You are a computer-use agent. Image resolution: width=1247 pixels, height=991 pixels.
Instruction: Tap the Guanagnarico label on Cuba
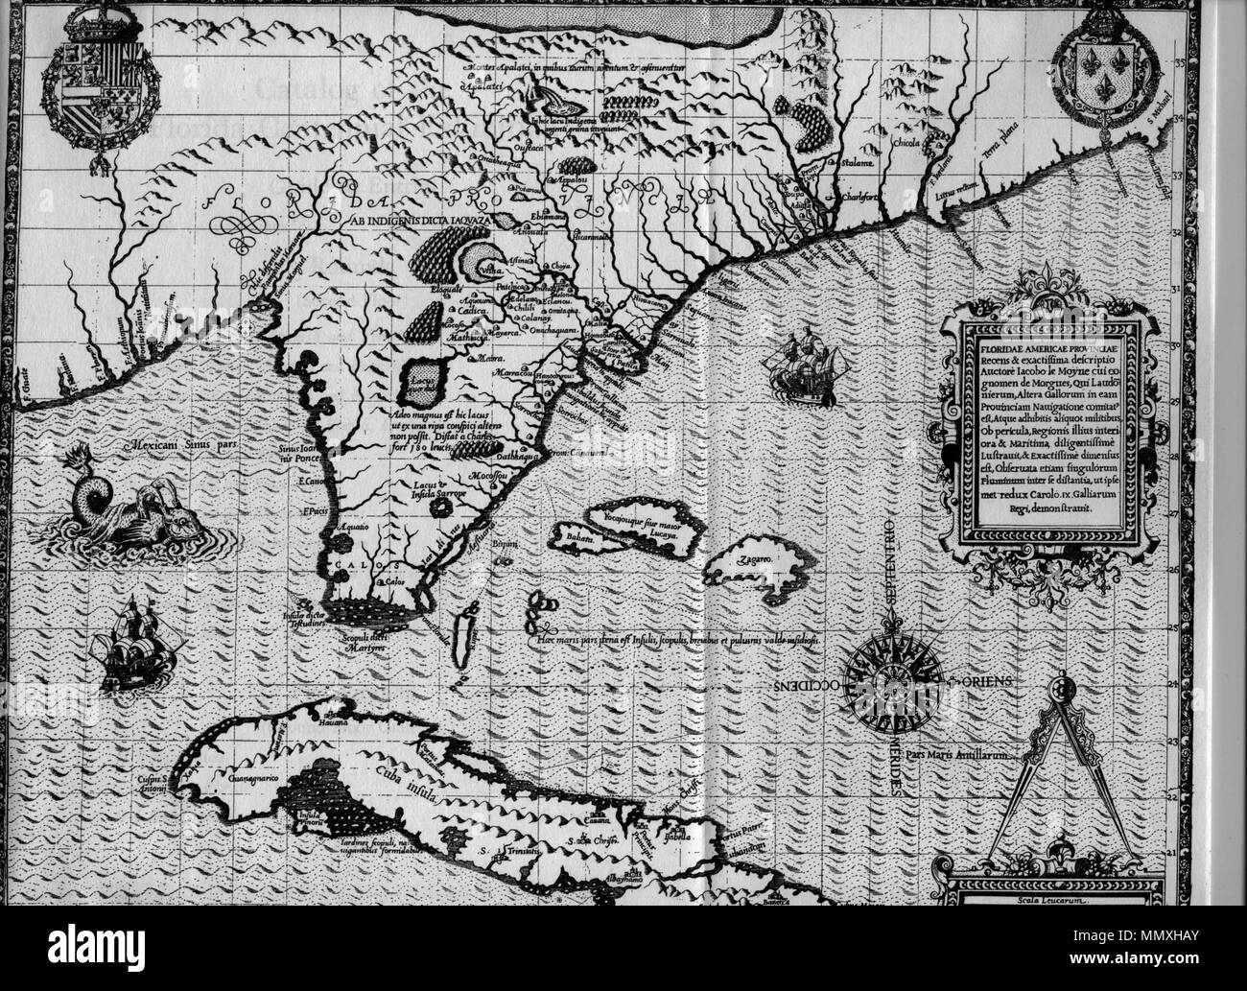(252, 781)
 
